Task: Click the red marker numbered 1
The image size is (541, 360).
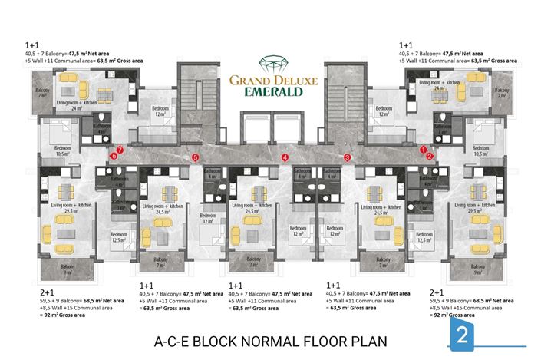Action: click(x=424, y=149)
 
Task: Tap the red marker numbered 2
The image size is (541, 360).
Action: click(x=430, y=156)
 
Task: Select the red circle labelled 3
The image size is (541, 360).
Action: click(x=348, y=157)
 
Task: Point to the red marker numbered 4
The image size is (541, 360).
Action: click(x=285, y=157)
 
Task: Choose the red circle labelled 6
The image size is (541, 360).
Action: click(x=114, y=156)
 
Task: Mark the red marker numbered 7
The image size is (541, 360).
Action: click(x=120, y=149)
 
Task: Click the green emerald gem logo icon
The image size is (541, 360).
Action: click(x=269, y=64)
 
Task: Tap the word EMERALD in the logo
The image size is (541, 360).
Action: click(x=269, y=91)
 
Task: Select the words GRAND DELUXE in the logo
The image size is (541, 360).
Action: click(x=269, y=78)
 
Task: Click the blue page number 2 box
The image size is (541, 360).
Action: click(x=462, y=335)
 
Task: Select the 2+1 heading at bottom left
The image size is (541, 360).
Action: click(x=47, y=292)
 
